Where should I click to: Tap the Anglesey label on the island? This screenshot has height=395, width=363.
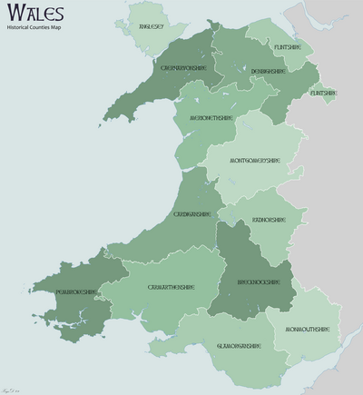pyautogui.click(x=151, y=27)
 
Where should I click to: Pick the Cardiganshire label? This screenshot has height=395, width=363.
pyautogui.click(x=191, y=214)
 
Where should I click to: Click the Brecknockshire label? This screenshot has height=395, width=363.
pyautogui.click(x=247, y=282)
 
